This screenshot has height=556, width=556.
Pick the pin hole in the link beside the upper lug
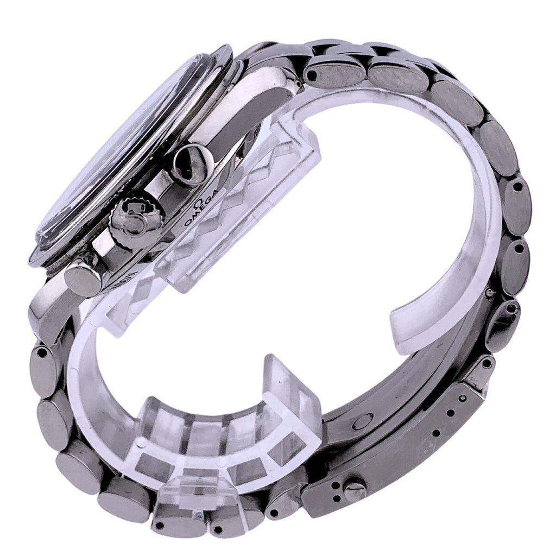coord(312,75)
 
